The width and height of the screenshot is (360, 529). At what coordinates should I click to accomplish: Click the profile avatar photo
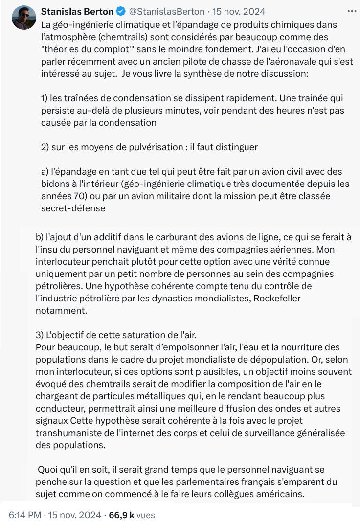click(x=24, y=18)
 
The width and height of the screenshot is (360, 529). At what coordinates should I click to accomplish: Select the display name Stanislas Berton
click(x=77, y=11)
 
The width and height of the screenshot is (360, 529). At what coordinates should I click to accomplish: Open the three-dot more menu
click(x=352, y=11)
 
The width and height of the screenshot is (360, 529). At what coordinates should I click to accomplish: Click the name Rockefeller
click(x=276, y=298)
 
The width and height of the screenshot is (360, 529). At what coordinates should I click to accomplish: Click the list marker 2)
click(x=46, y=147)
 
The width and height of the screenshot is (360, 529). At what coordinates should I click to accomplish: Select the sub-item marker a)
click(x=45, y=171)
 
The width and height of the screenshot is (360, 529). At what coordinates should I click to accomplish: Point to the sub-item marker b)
click(x=40, y=237)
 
